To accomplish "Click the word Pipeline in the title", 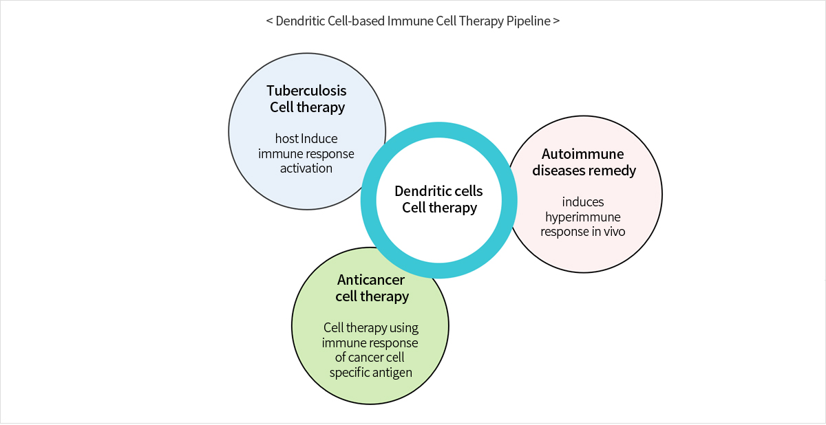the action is pos(528,21).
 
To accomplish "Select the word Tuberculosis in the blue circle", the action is pos(306,91).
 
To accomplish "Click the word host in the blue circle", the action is pos(287,138).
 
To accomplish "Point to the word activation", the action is pos(306,168).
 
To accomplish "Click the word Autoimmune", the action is pos(582,154).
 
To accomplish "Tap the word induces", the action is pos(583,201).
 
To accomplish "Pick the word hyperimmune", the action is pos(582,217).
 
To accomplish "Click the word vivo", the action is pos(614,232).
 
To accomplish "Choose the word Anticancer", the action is pos(370,280).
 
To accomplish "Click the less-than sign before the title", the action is pos(270,21).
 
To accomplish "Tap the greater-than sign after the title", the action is pos(556,21).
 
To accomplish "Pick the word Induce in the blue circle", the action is pos(319,138).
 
